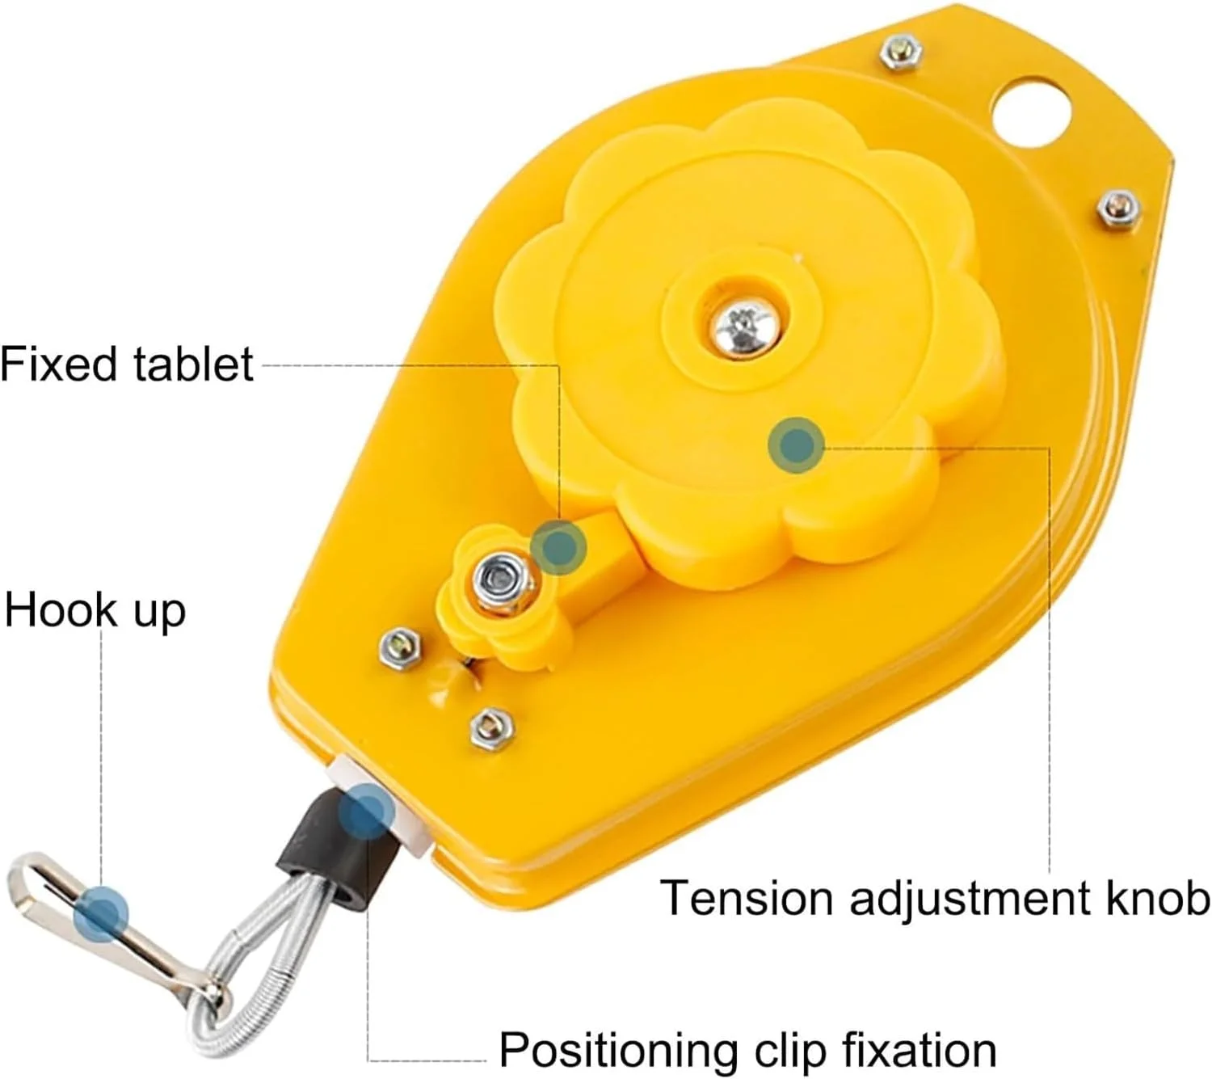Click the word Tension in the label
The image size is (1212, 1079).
[x=746, y=896]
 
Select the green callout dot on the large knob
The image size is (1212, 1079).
[x=797, y=445]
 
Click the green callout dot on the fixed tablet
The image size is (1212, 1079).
[x=559, y=547]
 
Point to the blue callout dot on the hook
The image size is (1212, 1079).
[x=101, y=914]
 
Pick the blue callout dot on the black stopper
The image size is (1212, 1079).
[x=366, y=812]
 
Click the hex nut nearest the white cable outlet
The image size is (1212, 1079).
[x=492, y=728]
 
